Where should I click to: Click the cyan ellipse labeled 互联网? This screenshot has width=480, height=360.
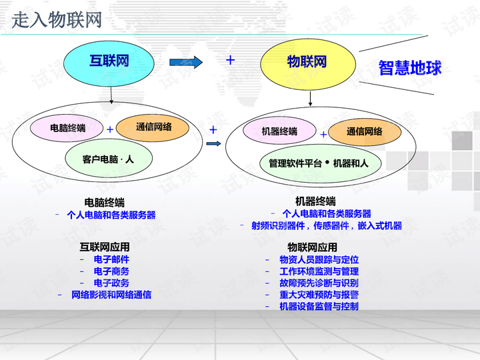click(109, 62)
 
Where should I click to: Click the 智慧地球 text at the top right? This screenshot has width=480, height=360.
click(410, 67)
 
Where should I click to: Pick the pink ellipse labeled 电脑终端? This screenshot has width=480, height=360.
click(68, 128)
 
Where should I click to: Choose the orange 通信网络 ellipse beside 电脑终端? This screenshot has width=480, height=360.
click(153, 127)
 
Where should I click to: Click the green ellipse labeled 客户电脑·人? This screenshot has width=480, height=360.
click(108, 159)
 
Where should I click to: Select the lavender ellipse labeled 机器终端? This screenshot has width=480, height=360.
click(279, 131)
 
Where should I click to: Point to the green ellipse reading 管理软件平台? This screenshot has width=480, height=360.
click(318, 163)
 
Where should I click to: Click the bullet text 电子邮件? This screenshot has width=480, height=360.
click(111, 259)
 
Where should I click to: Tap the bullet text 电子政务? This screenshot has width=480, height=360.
click(111, 283)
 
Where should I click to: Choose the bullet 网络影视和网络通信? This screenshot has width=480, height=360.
click(111, 295)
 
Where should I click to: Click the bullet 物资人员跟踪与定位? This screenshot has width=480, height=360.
click(319, 259)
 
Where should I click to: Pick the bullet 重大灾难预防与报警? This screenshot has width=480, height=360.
click(319, 295)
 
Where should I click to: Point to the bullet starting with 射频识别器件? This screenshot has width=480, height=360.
click(327, 225)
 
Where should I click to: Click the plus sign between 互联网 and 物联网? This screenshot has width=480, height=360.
click(231, 60)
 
